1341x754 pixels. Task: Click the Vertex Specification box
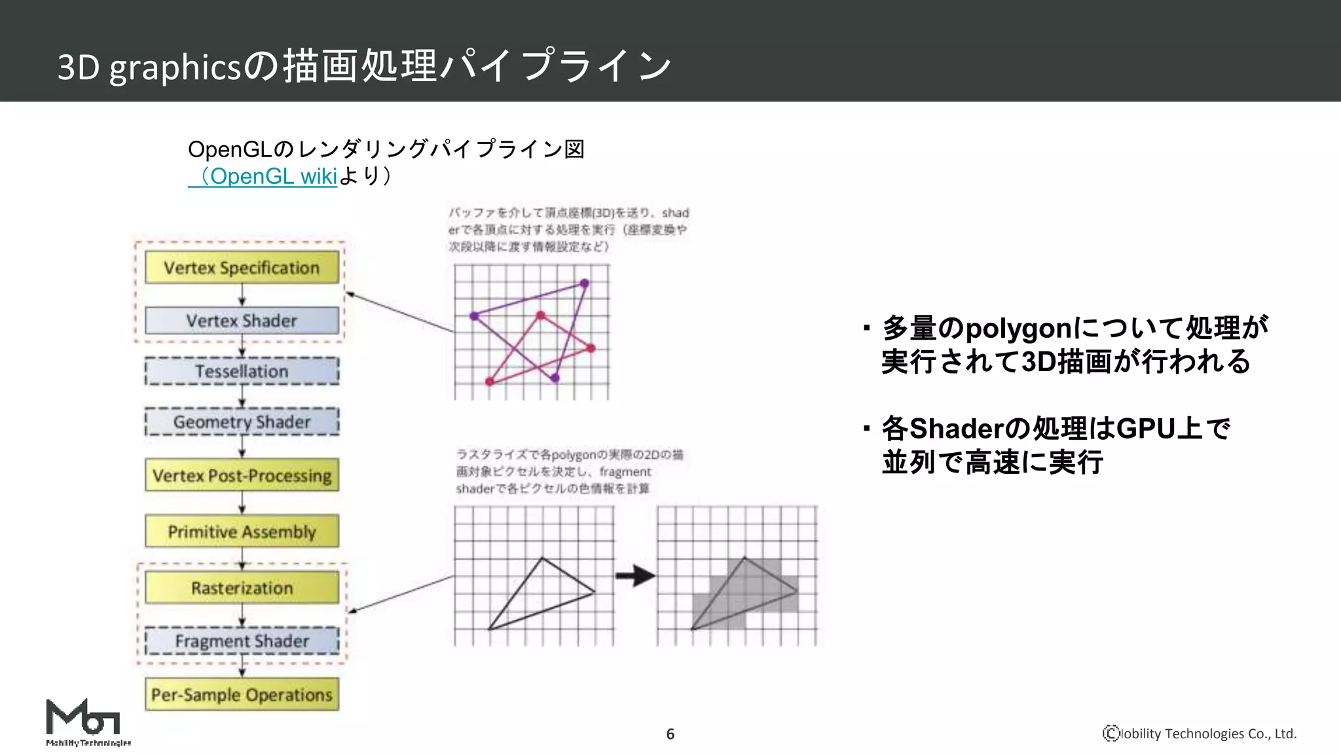(242, 268)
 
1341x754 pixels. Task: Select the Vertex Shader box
(242, 321)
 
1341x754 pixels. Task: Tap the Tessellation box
(242, 371)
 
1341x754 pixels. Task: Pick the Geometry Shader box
(242, 422)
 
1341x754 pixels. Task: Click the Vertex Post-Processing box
(242, 476)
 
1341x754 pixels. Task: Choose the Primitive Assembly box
(242, 531)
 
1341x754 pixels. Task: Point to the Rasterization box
(242, 588)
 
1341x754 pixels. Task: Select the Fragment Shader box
(242, 641)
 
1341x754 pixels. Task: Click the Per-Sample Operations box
(242, 694)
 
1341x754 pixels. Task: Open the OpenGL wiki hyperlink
(268, 176)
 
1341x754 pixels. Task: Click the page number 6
(670, 734)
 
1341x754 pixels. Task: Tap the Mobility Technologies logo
(85, 722)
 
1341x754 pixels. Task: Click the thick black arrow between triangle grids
(634, 576)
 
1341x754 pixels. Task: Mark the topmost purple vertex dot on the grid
(584, 283)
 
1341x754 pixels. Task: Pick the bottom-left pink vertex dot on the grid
(490, 381)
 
